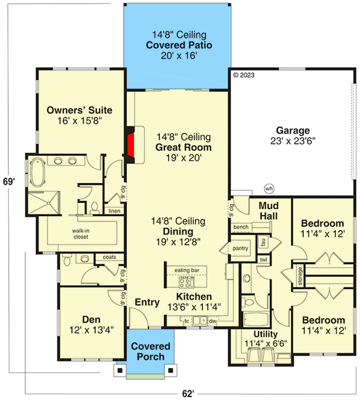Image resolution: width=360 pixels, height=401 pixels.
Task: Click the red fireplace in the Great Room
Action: (x=131, y=145)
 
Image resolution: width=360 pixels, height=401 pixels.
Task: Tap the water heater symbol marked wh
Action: (x=269, y=189)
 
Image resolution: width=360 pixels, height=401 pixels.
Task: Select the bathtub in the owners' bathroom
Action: (x=38, y=172)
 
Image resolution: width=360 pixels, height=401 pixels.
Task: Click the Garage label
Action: (x=293, y=130)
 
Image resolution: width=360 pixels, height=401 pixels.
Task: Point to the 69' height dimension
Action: (x=9, y=181)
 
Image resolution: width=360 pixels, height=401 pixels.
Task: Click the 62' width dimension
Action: (x=188, y=393)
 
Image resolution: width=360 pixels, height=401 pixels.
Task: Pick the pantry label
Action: (x=240, y=248)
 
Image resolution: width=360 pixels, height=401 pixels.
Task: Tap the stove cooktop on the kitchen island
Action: (x=187, y=282)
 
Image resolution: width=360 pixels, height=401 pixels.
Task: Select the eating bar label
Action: (x=187, y=270)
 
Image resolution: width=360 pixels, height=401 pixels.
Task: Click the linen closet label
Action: (x=114, y=211)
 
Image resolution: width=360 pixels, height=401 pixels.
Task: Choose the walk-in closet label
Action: (x=81, y=234)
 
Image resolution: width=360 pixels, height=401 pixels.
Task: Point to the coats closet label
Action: (x=109, y=257)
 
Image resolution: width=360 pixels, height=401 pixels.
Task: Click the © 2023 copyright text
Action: (x=244, y=75)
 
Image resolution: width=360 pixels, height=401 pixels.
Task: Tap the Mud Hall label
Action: (x=269, y=211)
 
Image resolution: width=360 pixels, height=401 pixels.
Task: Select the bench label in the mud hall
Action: (x=241, y=227)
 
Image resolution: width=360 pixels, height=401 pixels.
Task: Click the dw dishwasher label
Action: (x=213, y=321)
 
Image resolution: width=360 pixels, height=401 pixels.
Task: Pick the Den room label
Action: (x=91, y=319)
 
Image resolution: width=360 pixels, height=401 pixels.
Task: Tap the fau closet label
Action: (x=263, y=242)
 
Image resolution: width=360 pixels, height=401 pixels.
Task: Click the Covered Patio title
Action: (x=179, y=45)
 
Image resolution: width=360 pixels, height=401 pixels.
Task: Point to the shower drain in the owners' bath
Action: (x=48, y=203)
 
